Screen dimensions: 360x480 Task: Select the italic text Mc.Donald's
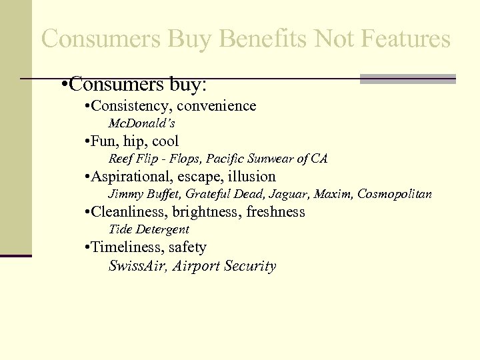pyautogui.click(x=141, y=124)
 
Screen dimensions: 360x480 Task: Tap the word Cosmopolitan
pyautogui.click(x=395, y=195)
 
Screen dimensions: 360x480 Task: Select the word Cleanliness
pyautogui.click(x=127, y=212)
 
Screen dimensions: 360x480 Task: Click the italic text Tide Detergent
pyautogui.click(x=149, y=230)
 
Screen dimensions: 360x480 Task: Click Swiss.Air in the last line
pyautogui.click(x=137, y=266)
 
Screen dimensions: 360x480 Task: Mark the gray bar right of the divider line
pyautogui.click(x=407, y=79)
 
